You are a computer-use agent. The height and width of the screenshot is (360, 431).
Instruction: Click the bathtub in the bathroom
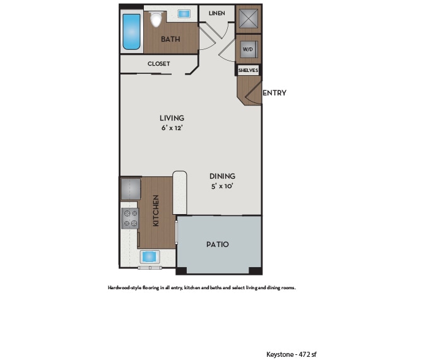(131, 32)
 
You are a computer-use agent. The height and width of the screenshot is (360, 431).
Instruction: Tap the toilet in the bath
(155, 20)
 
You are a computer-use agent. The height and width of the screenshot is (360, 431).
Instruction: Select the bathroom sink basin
(185, 13)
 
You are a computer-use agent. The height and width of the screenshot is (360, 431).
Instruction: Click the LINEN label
(217, 13)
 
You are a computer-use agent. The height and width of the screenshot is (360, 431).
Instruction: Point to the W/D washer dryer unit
(248, 49)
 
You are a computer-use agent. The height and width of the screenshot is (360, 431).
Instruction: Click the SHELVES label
(248, 70)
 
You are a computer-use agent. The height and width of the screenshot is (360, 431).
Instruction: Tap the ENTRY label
(274, 93)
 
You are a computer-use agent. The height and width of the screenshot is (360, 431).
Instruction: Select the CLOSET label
(158, 64)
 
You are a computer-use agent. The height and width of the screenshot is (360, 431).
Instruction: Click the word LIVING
(172, 117)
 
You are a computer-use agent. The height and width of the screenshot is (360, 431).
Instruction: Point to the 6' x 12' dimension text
(172, 128)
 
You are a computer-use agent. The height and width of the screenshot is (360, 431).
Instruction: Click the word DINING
(223, 176)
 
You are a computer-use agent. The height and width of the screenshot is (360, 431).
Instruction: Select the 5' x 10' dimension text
(223, 186)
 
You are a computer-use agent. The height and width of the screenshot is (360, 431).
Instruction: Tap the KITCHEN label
(155, 211)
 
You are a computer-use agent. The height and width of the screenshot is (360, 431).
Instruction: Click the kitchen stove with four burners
(130, 219)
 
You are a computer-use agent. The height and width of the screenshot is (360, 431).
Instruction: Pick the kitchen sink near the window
(150, 256)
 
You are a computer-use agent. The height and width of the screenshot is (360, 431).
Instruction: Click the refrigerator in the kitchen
(130, 188)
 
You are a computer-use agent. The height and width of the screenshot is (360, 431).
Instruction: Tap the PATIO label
(218, 244)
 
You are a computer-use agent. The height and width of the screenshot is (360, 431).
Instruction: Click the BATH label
(170, 39)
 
